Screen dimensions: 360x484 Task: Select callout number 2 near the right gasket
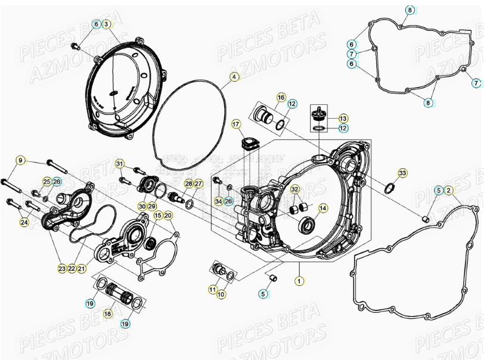[x=448, y=191]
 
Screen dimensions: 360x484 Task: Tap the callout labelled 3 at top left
[x=106, y=24]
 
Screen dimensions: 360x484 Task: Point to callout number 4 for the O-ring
[x=234, y=77]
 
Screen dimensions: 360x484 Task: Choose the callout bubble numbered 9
[x=21, y=160]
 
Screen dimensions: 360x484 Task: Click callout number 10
[x=221, y=294]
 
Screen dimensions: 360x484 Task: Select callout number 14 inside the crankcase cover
[x=322, y=208]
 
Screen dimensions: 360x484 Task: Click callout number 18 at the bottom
[x=108, y=313]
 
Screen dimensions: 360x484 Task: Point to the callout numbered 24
[x=24, y=222]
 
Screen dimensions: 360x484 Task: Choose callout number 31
[x=120, y=164]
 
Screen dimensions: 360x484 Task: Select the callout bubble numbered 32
[x=294, y=189]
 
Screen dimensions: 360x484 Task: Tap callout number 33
[x=402, y=173]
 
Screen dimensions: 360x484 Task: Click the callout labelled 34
[x=218, y=201]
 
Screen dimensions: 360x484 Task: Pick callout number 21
[x=82, y=269]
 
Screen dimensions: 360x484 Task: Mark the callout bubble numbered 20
[x=167, y=215]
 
